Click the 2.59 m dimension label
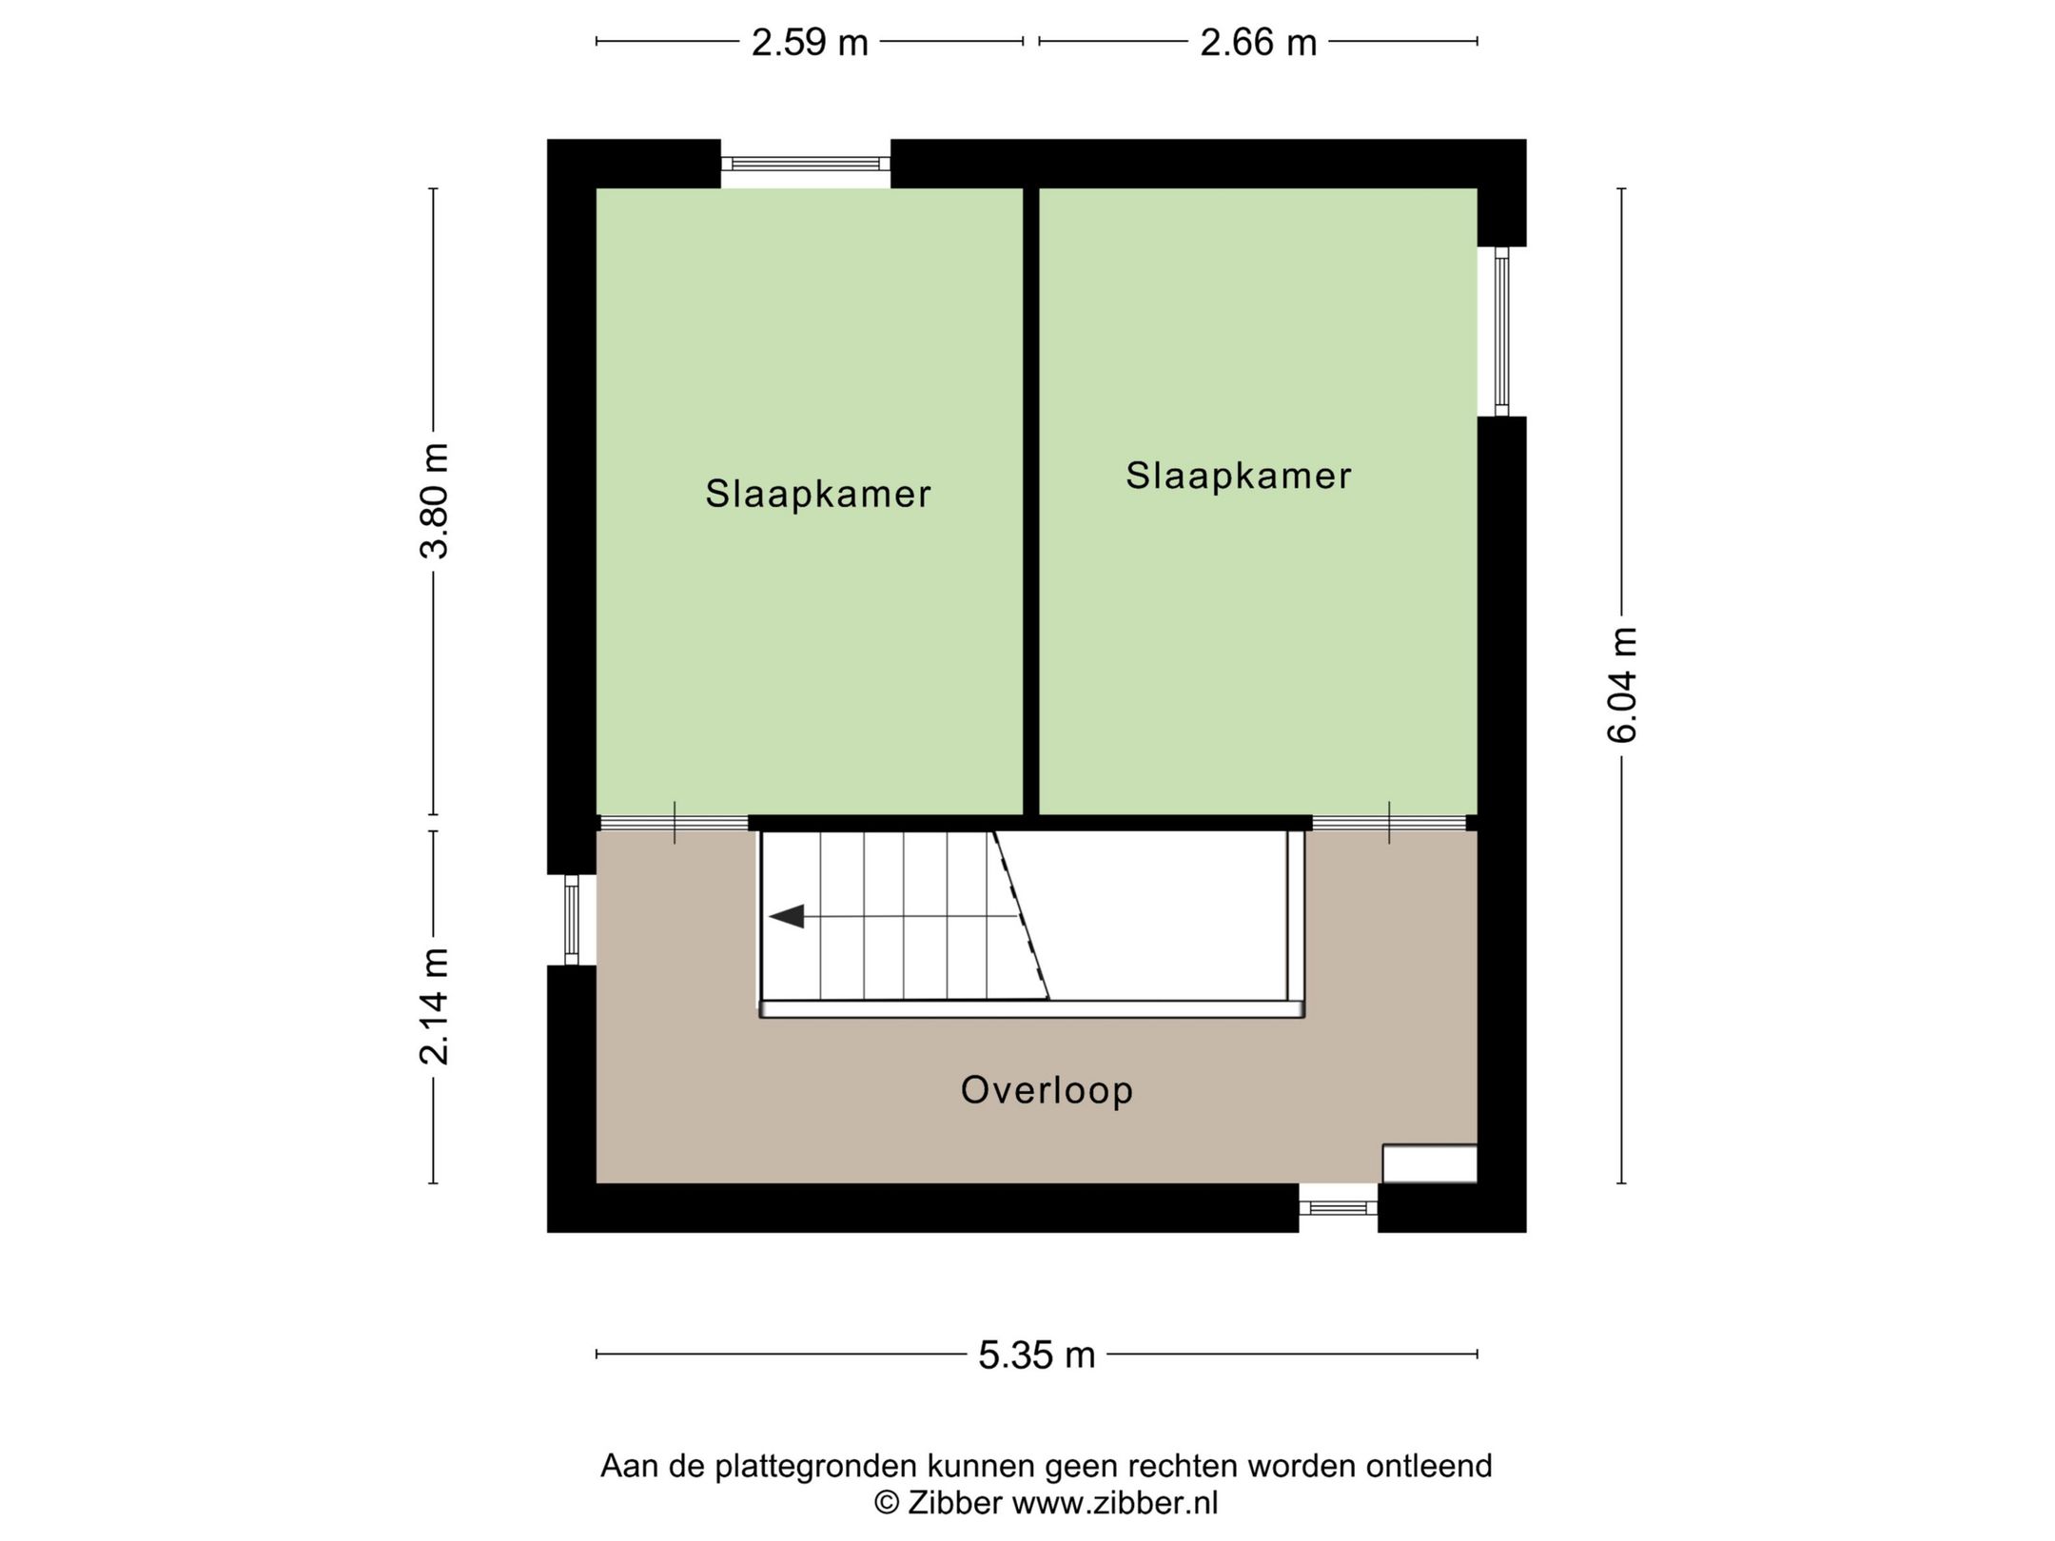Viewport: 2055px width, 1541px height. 809,43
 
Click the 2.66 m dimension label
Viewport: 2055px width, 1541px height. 1258,43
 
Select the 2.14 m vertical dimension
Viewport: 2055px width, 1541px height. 435,1005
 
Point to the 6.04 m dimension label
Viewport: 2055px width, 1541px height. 1621,684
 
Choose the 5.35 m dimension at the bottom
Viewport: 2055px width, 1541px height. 1036,1355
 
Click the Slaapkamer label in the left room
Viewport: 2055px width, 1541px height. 817,494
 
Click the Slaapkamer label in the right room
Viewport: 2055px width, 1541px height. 1238,476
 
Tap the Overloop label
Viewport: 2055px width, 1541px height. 1047,1090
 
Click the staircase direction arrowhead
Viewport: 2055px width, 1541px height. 788,917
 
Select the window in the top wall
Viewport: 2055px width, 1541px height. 805,164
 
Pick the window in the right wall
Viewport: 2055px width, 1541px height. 1501,331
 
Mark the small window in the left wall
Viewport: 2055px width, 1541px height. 571,920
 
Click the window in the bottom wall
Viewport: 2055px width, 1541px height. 1338,1207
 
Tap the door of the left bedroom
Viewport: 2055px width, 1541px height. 674,823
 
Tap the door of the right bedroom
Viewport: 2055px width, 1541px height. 1388,823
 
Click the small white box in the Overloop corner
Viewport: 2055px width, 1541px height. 1429,1163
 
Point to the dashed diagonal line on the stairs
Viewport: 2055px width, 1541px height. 1021,915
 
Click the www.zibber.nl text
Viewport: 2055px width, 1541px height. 1114,1503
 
